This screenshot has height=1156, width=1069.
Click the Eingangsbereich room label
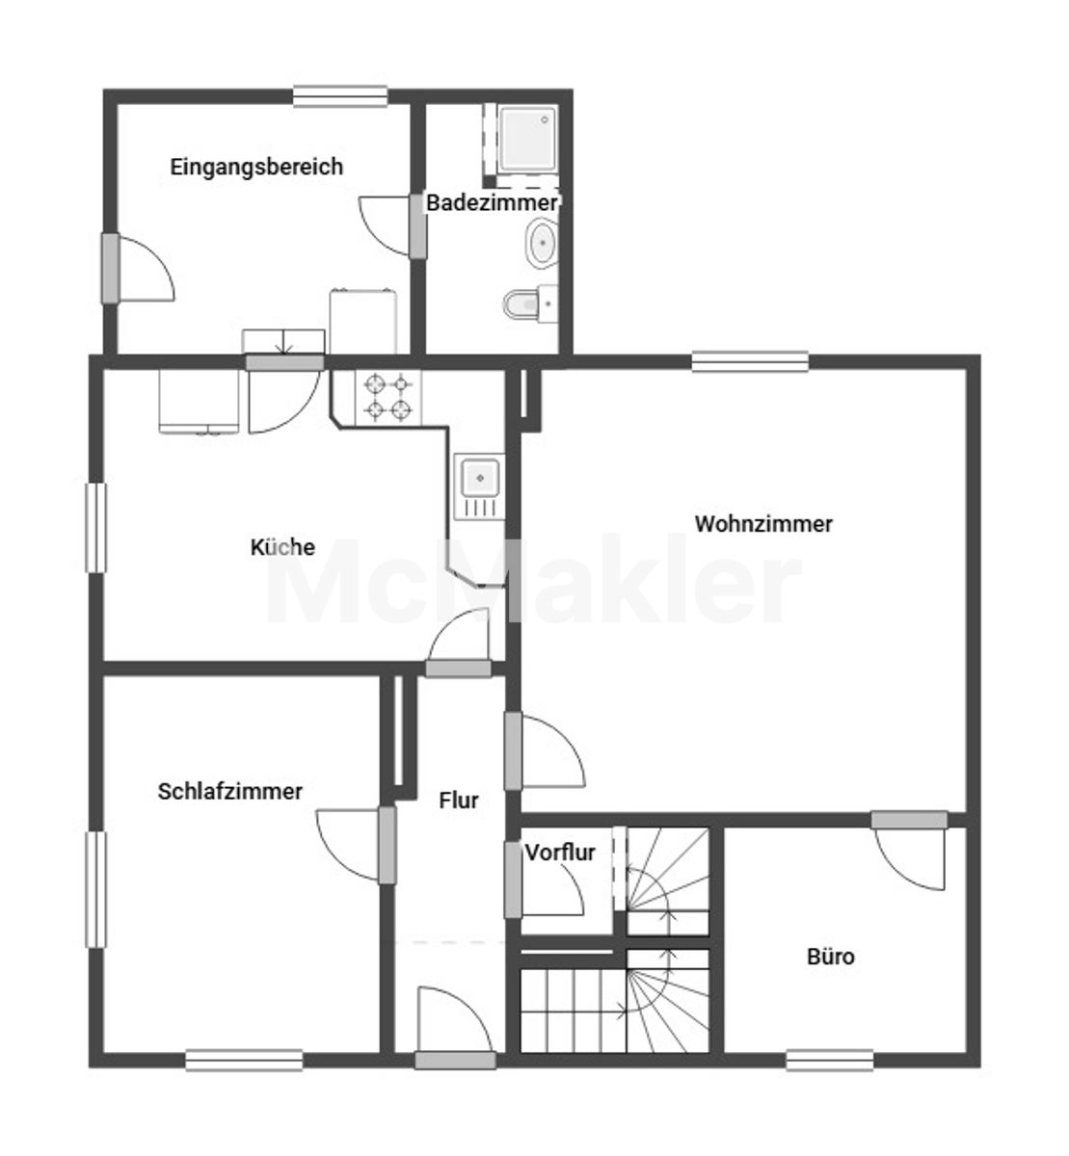pyautogui.click(x=256, y=167)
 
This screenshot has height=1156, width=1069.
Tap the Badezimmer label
pyautogui.click(x=492, y=203)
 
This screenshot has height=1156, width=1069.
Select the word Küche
pyautogui.click(x=282, y=546)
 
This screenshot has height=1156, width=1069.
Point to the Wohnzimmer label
pyautogui.click(x=763, y=524)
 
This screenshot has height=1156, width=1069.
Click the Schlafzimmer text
pyautogui.click(x=230, y=791)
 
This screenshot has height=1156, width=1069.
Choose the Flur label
pyautogui.click(x=459, y=801)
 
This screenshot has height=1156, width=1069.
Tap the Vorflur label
pyautogui.click(x=560, y=853)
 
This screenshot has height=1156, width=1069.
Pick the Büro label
pyautogui.click(x=831, y=957)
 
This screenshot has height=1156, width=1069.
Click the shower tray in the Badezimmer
pyautogui.click(x=527, y=139)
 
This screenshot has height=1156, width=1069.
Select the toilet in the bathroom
pyautogui.click(x=529, y=303)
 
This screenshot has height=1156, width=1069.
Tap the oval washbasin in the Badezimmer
pyautogui.click(x=542, y=243)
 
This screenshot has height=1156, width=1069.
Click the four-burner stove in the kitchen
pyautogui.click(x=388, y=398)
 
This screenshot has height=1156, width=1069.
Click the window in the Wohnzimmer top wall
pyautogui.click(x=750, y=362)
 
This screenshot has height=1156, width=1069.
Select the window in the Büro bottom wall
pyautogui.click(x=830, y=1060)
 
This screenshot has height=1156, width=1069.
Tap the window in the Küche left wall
pyautogui.click(x=96, y=528)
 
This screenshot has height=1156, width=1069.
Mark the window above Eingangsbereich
pyautogui.click(x=340, y=96)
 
